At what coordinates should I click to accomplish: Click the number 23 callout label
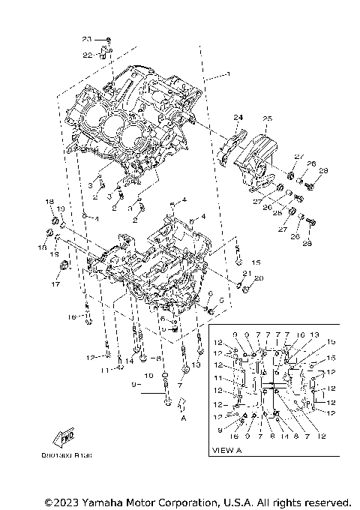[x=86, y=38]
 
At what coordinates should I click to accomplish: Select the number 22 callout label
[x=87, y=55]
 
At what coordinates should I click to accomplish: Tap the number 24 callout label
[x=238, y=118]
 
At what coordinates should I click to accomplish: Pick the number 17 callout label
[x=55, y=284]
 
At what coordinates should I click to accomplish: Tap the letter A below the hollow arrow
[x=183, y=420]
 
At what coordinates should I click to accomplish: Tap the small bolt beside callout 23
[x=109, y=39]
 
